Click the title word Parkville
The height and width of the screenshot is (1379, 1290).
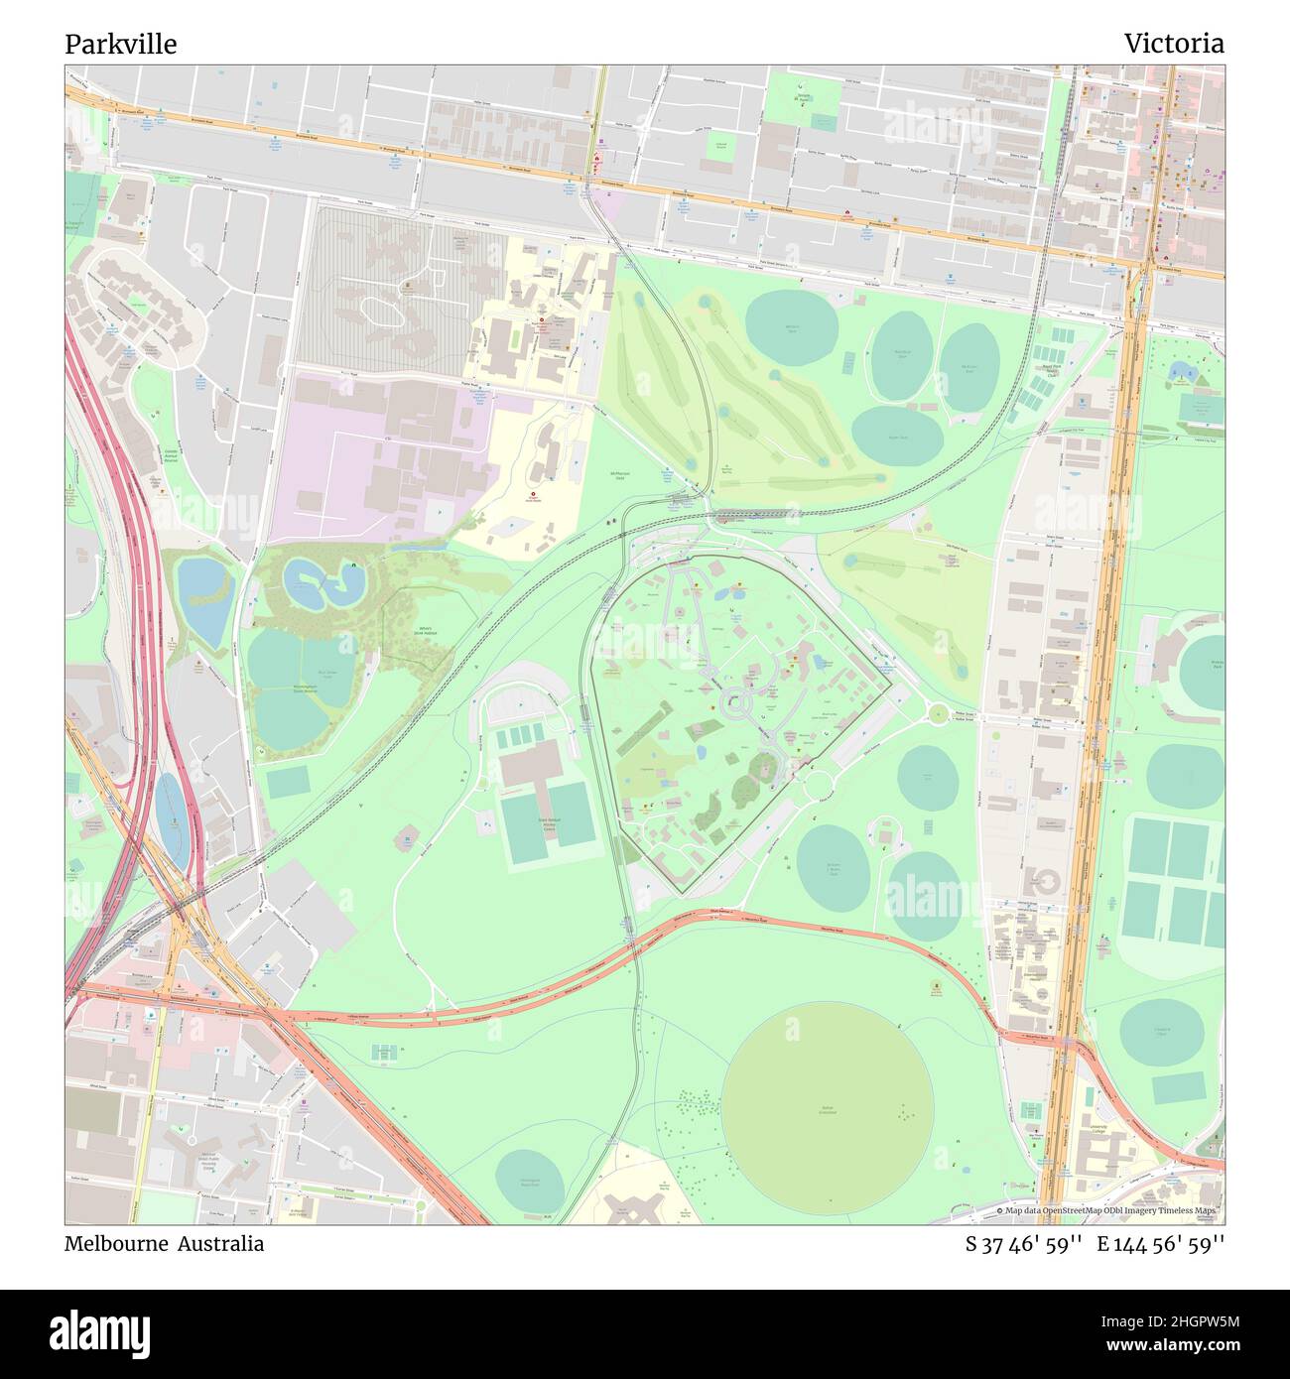(121, 45)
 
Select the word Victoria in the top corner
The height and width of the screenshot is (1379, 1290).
(1173, 44)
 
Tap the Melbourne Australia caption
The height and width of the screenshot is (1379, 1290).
(165, 1244)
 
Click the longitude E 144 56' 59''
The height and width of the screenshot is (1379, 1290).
(1160, 1244)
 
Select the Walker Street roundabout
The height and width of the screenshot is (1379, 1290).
(937, 712)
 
